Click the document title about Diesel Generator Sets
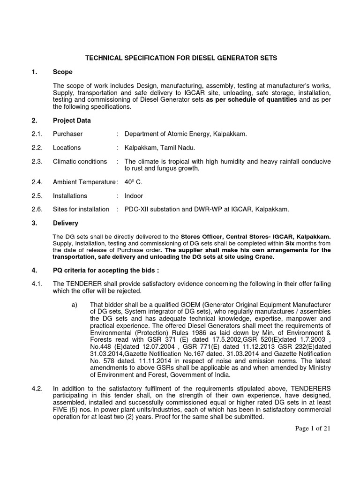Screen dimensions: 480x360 point(180,58)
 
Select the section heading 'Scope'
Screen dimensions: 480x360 point(62,72)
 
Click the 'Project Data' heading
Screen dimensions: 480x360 point(72,120)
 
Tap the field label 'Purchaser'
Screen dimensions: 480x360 point(67,134)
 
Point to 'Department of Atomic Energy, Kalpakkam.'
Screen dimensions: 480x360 point(186,134)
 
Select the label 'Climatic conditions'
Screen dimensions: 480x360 point(80,161)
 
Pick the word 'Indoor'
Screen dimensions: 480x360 point(134,195)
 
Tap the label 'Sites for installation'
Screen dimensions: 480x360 point(81,209)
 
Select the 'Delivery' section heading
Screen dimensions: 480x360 point(66,223)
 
